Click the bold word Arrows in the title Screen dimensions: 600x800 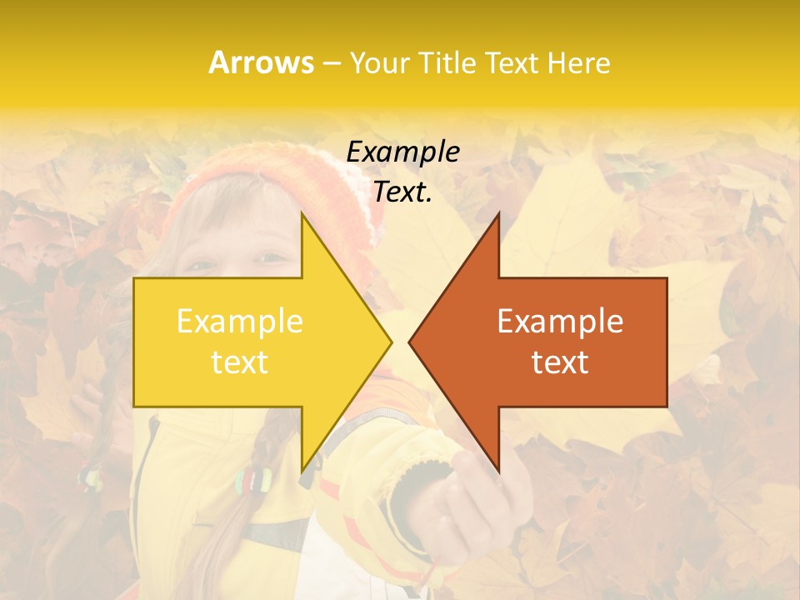[262, 62]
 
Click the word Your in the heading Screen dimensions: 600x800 [379, 62]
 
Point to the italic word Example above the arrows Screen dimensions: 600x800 [403, 152]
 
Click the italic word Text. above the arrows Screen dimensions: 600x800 [403, 192]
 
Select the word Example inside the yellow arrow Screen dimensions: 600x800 [240, 321]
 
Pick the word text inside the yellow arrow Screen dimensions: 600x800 [240, 362]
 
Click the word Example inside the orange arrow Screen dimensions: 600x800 [560, 321]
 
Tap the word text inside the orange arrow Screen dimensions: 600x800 [560, 362]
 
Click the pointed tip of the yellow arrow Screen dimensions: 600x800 [390, 342]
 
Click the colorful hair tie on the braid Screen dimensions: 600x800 [252, 479]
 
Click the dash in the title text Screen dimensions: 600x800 [331, 63]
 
